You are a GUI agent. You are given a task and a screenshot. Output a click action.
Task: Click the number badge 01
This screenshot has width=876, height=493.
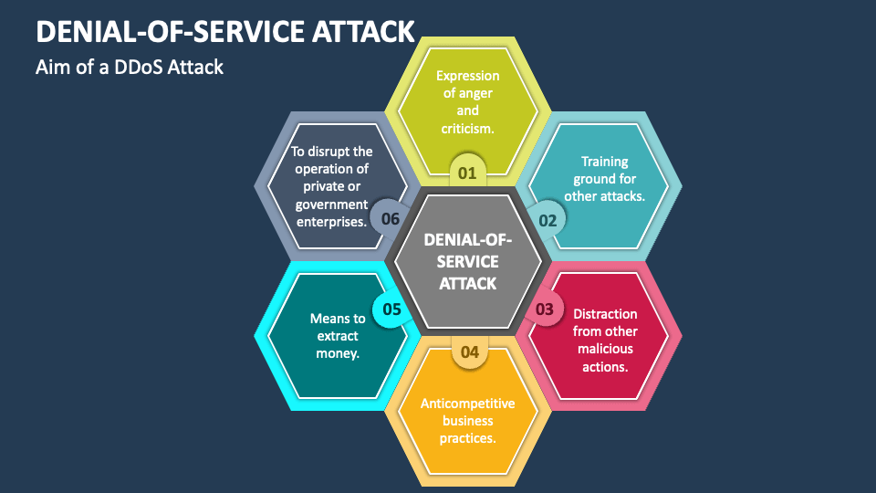point(467,172)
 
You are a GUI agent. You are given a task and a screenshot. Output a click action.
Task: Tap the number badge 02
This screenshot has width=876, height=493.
point(547,220)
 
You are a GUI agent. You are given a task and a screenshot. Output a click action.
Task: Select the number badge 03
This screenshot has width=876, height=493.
point(544,309)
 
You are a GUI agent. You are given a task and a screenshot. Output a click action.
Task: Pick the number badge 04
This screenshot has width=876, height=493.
point(469,351)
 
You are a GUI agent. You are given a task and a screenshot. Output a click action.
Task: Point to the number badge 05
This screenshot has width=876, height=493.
point(391,309)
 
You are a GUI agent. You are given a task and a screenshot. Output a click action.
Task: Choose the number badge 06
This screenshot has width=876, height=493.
point(391,219)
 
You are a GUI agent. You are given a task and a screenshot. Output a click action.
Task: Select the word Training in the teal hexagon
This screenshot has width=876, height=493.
point(604,162)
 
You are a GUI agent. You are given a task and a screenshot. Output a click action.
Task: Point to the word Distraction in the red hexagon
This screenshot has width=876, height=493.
point(605,314)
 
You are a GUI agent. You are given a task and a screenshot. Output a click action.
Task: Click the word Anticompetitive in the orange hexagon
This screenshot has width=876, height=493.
point(467,404)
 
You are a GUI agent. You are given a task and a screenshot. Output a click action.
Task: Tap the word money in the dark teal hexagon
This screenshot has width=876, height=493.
point(338,353)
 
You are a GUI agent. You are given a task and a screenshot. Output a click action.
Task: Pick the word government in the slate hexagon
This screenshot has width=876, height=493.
point(330,204)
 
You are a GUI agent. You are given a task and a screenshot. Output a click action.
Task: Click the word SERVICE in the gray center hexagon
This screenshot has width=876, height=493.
point(467,261)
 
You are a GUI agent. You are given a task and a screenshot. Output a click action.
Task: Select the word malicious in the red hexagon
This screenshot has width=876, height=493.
point(604,349)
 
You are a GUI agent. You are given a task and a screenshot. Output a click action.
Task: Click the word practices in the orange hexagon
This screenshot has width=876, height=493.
point(467,438)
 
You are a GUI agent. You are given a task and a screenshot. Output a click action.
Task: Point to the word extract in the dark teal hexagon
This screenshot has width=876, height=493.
point(338,336)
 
